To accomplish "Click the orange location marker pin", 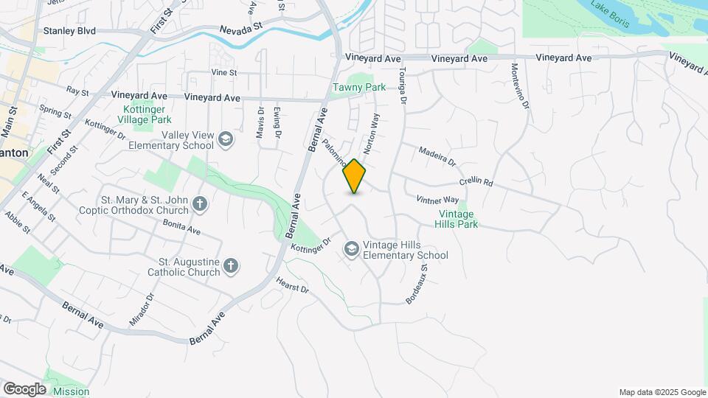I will [x=355, y=175].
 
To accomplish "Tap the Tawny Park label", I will [x=359, y=87].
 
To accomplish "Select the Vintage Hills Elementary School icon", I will [x=351, y=251].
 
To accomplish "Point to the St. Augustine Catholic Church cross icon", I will [x=231, y=267].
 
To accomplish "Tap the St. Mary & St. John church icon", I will [x=199, y=204].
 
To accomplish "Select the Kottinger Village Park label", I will [x=147, y=114].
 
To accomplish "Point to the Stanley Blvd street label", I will [x=70, y=31].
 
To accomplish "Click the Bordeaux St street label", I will [x=417, y=286].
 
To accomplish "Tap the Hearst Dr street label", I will [x=291, y=284].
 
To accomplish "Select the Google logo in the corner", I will [x=24, y=388].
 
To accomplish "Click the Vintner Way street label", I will [x=437, y=200].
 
